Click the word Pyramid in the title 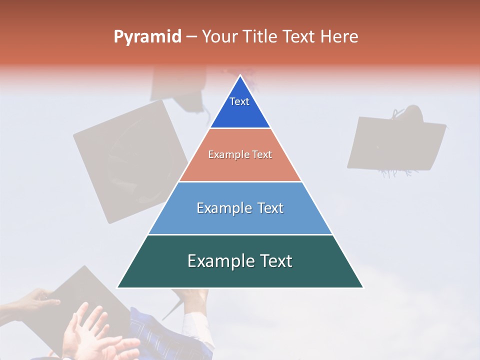[x=147, y=36]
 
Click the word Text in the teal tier [x=272, y=261]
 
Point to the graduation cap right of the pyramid [x=395, y=142]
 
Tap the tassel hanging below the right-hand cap [x=397, y=173]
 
